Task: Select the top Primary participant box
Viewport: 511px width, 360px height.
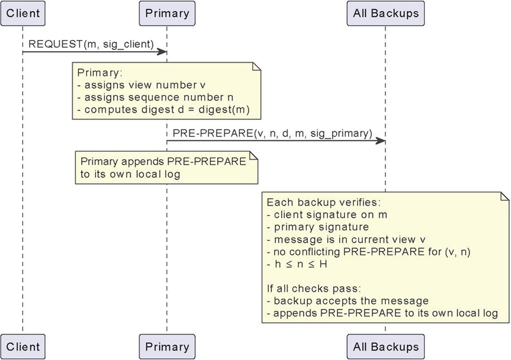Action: tap(166, 12)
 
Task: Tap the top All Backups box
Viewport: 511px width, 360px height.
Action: tap(385, 12)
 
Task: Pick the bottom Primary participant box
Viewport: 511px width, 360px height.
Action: tap(166, 347)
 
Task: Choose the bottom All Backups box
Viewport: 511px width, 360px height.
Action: tap(385, 347)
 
